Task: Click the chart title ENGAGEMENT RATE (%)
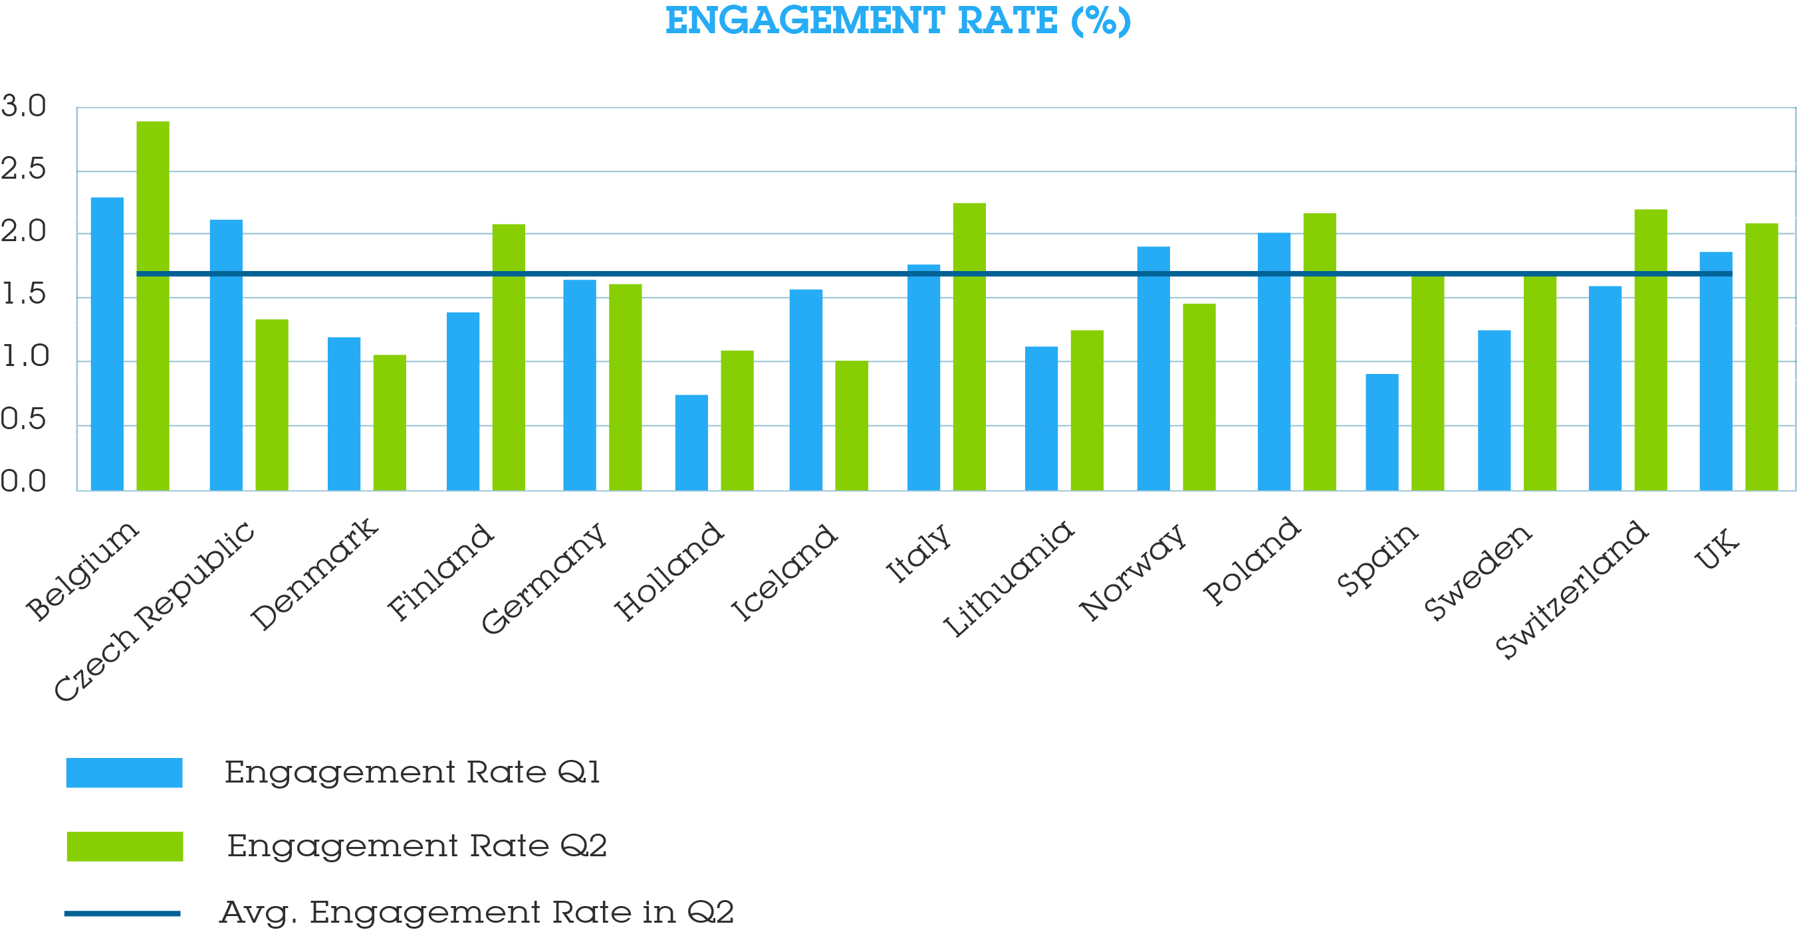[898, 21]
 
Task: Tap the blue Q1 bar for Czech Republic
[226, 355]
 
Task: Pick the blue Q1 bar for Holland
[691, 442]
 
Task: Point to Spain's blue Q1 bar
[1382, 432]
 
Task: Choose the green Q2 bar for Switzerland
[1651, 349]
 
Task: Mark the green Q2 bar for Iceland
[852, 425]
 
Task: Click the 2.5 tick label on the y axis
[23, 169]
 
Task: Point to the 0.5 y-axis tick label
[23, 420]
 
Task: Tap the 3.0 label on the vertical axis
[23, 107]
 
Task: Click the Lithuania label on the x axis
[1008, 579]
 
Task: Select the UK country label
[1717, 549]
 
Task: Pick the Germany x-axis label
[543, 578]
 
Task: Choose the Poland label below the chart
[1251, 561]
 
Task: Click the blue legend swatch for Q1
[124, 773]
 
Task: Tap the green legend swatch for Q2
[125, 846]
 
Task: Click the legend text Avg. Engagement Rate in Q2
[477, 913]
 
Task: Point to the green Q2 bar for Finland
[509, 357]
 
